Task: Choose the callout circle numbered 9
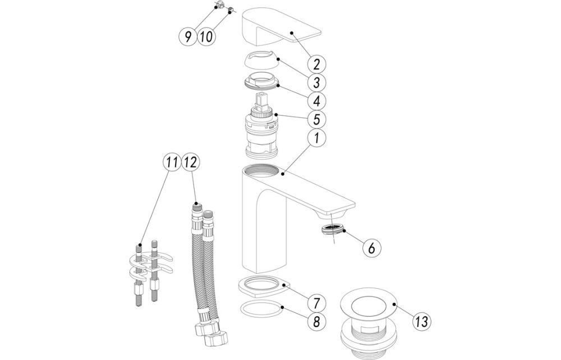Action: (x=188, y=37)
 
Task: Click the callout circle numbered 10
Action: (x=206, y=37)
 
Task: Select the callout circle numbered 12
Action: (x=190, y=162)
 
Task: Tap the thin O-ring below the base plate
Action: (x=260, y=308)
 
